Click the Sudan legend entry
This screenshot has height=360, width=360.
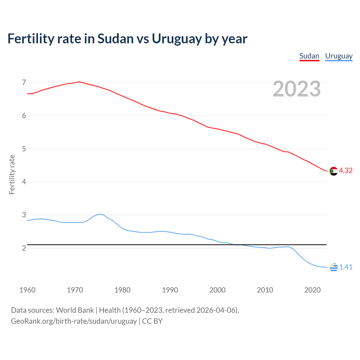click(309, 56)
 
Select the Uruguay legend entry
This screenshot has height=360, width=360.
click(339, 56)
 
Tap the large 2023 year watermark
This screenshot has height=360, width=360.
click(297, 89)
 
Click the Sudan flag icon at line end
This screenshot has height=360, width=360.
click(333, 171)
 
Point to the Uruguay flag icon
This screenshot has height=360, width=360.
click(334, 267)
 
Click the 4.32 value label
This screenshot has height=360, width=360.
click(346, 171)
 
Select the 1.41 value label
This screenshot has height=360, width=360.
click(346, 267)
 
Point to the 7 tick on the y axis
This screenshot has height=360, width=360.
click(24, 82)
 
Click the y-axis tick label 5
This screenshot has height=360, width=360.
click(24, 149)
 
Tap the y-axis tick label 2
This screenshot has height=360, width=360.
click(24, 248)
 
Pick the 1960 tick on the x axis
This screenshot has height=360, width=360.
click(27, 290)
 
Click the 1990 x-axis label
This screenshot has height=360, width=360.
click(170, 290)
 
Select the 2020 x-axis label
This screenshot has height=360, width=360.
click(312, 290)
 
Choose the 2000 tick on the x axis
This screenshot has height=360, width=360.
click(217, 290)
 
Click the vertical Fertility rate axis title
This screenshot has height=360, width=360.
click(12, 174)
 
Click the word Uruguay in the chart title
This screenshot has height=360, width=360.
click(177, 39)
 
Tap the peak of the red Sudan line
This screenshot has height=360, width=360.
click(79, 82)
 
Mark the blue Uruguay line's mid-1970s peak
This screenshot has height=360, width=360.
click(98, 214)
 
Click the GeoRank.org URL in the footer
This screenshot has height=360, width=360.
click(74, 321)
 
